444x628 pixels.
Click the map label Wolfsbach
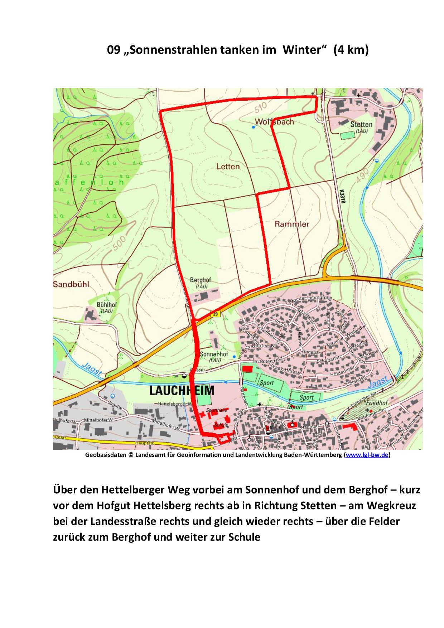[274, 122]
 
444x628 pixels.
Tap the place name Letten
[228, 166]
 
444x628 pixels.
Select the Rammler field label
[292, 224]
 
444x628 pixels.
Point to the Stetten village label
[361, 125]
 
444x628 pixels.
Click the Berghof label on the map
[200, 280]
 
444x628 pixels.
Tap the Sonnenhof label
[214, 354]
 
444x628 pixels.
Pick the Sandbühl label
[71, 284]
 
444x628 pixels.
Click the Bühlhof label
[107, 305]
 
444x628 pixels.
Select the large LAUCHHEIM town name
[182, 391]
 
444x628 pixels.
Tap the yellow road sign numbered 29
[215, 314]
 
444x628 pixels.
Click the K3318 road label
[343, 196]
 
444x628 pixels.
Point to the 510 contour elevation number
[261, 107]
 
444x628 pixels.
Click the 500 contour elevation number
[119, 243]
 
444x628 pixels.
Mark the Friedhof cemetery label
[377, 403]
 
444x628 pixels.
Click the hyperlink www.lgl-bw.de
[367, 455]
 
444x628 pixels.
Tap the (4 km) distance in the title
[351, 50]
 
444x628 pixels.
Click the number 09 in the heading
[114, 50]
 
